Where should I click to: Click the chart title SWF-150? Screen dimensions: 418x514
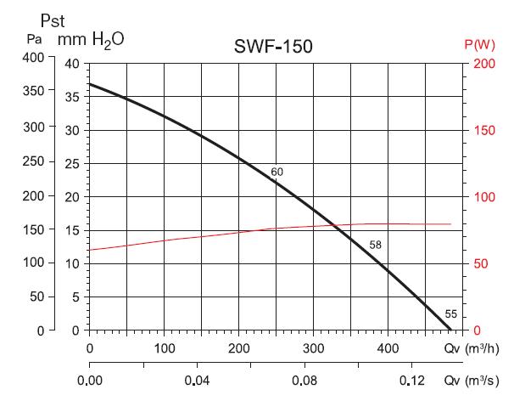point(273,47)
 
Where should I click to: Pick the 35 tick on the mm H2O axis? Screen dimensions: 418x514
point(71,97)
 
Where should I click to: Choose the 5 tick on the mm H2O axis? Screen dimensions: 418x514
point(75,297)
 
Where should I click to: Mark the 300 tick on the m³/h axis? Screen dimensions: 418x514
point(314,348)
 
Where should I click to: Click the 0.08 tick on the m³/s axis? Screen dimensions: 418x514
point(304,381)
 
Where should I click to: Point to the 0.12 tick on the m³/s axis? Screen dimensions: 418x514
point(412,381)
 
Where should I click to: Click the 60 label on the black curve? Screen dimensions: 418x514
point(277,172)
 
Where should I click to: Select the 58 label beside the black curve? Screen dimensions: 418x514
point(376,246)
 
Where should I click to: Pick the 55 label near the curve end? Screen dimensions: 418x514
point(450,314)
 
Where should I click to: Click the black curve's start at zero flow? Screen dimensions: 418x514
point(89,84)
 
